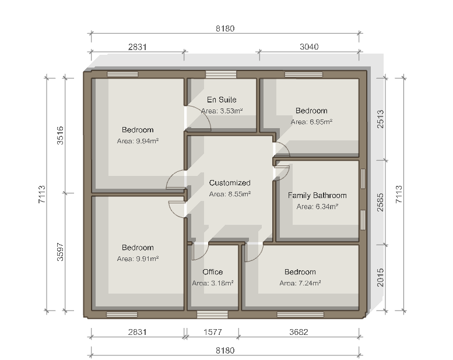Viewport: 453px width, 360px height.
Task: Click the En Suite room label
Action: click(222, 100)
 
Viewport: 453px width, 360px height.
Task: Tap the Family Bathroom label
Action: click(317, 196)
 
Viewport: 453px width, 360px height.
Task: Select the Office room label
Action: click(213, 272)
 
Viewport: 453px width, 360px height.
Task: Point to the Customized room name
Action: click(230, 183)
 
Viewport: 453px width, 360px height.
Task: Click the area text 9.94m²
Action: click(138, 141)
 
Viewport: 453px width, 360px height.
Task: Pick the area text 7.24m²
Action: click(300, 283)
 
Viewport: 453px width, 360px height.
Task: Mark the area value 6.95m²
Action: click(311, 122)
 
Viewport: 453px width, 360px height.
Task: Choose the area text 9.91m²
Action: click(138, 259)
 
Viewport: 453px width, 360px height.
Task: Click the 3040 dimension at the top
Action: click(309, 47)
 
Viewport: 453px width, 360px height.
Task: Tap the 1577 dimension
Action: click(213, 332)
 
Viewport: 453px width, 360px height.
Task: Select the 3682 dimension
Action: click(299, 332)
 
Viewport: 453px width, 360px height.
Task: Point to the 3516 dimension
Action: click(60, 135)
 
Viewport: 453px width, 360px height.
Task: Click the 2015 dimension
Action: click(380, 277)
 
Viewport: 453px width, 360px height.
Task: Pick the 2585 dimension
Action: click(380, 202)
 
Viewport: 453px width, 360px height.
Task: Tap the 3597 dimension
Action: click(60, 252)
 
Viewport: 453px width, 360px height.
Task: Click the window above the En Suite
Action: click(221, 75)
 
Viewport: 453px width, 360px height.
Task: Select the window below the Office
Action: click(212, 315)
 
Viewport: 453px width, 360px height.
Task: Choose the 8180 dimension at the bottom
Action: click(225, 351)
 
